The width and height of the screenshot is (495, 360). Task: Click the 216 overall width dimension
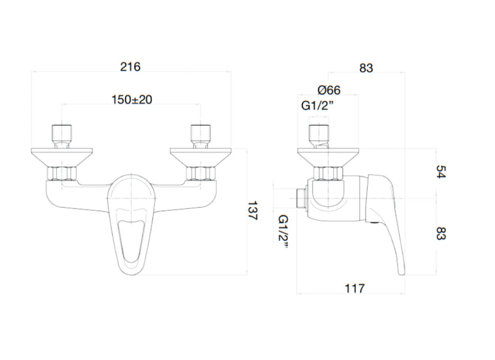[x=130, y=67]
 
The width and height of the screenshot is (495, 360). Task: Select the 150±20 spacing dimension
[x=131, y=99]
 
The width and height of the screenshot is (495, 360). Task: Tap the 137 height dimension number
[x=252, y=211]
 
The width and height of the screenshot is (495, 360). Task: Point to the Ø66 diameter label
[x=329, y=90]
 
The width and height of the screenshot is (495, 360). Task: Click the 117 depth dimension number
[x=355, y=288]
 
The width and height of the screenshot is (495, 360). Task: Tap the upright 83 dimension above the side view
[x=366, y=68]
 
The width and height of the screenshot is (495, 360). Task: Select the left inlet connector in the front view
[x=62, y=135]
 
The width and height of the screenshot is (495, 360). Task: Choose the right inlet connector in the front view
[x=200, y=135]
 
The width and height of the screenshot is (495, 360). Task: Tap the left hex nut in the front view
[x=62, y=173]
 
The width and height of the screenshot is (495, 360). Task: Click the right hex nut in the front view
[x=200, y=173]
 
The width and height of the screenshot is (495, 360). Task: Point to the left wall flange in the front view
[x=62, y=157]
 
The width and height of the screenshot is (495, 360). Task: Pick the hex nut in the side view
[x=328, y=173]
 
